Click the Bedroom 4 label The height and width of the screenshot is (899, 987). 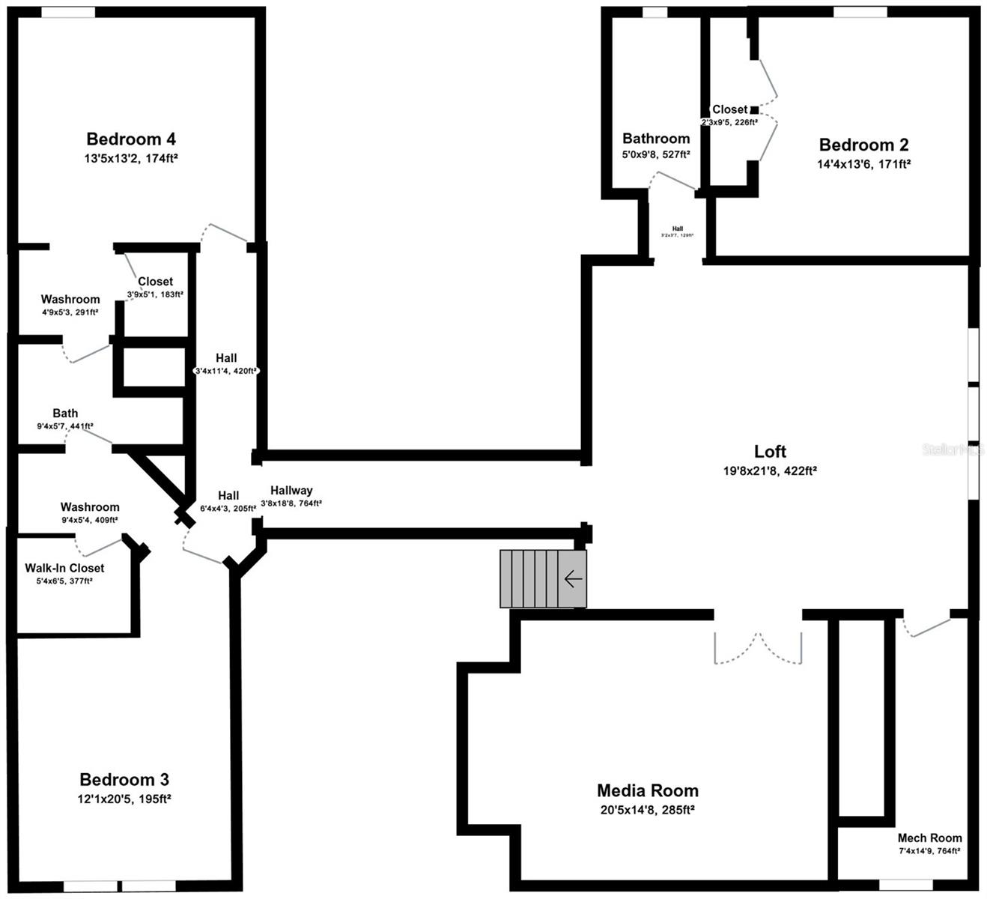131,139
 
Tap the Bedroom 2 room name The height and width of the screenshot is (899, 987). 863,145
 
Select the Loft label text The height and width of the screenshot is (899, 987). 770,451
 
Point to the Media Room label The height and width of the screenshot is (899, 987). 648,790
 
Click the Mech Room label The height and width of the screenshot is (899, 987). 929,838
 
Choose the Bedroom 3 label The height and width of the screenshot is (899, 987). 124,779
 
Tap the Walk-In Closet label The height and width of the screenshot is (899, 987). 64,568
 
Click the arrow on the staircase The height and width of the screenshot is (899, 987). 573,579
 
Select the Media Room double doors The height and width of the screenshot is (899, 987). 758,648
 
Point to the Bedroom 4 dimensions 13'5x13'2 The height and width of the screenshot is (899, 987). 131,158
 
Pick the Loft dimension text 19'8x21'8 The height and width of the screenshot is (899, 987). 770,471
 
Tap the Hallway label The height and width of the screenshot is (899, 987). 291,491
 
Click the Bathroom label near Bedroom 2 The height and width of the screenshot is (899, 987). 656,139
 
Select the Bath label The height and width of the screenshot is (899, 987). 65,413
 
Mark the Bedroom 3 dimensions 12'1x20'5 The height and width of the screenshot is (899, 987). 124,799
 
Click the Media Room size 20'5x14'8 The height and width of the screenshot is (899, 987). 648,810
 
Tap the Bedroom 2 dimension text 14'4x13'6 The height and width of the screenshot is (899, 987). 863,164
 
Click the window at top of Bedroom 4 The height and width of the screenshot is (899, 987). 67,13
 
